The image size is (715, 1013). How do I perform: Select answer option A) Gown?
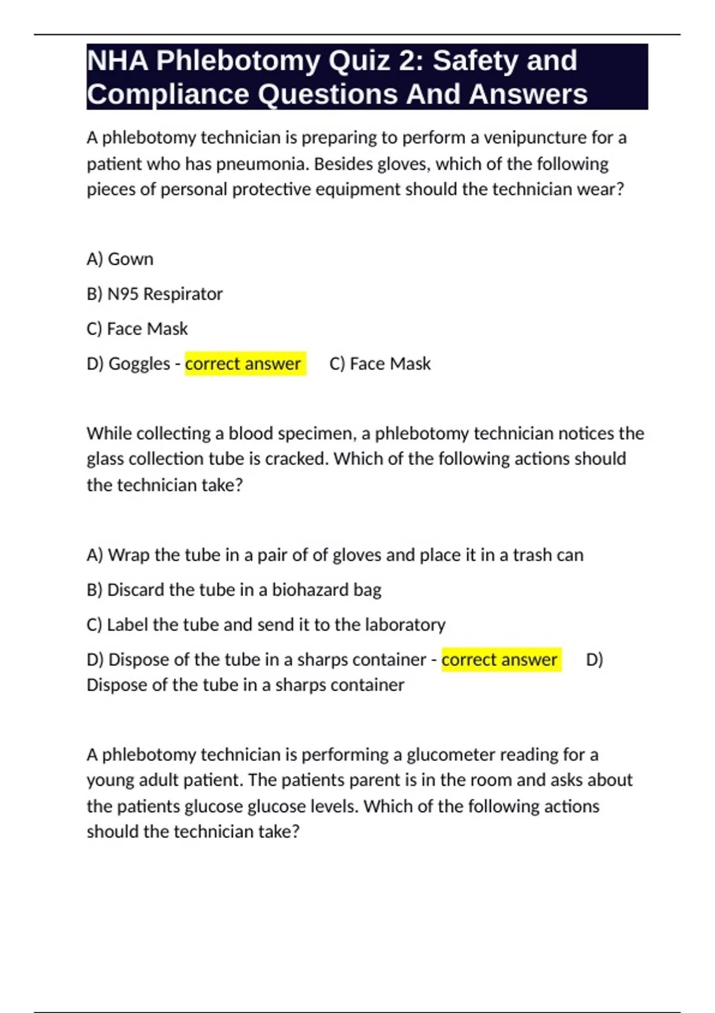120,259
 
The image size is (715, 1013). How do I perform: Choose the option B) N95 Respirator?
154,294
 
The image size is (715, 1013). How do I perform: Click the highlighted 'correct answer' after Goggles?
243,363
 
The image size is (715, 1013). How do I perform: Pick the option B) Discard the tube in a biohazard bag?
234,590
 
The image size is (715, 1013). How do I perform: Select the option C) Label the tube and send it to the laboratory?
266,624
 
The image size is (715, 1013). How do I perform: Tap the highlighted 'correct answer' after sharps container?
499,660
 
